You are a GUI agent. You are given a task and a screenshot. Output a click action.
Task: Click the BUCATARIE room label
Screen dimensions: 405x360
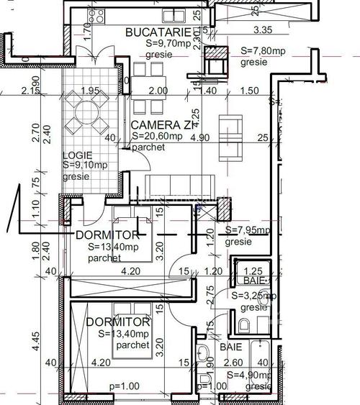point(158,32)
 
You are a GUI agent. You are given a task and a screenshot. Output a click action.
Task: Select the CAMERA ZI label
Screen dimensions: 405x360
point(162,125)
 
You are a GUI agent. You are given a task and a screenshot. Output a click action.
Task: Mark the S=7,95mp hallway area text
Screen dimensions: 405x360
point(248,231)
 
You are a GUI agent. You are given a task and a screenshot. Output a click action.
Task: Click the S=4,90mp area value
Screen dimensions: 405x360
point(249,376)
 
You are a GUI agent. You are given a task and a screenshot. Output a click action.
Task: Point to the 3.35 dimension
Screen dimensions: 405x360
point(265,30)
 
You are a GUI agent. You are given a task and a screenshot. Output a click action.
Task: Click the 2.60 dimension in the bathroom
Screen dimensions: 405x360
point(233,363)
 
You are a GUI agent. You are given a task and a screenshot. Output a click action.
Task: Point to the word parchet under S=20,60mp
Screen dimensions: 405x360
point(148,147)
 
